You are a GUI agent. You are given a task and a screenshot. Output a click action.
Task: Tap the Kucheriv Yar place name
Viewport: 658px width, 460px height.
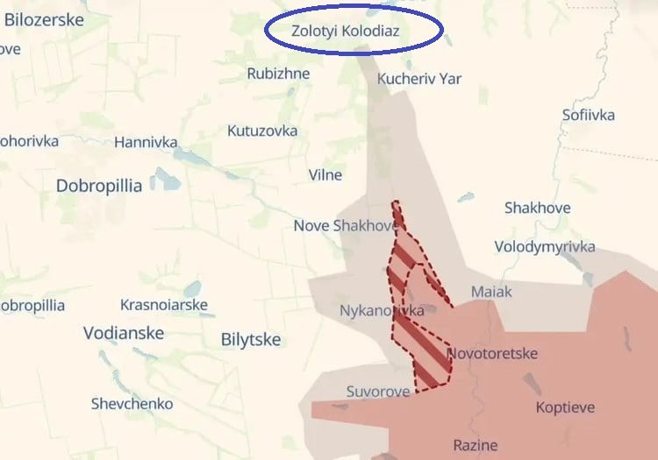click(418, 79)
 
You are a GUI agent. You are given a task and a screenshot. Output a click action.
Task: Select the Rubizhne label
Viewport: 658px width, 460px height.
click(278, 74)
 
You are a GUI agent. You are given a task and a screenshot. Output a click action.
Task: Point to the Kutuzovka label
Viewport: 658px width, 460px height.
click(262, 131)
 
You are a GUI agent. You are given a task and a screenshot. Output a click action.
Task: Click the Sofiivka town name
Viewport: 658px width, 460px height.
click(589, 115)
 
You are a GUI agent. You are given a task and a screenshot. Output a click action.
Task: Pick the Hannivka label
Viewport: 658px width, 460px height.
click(146, 142)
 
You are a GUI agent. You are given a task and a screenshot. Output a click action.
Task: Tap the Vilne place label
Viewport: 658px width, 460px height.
click(325, 174)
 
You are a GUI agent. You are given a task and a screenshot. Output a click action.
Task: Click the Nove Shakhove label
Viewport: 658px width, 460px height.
click(345, 226)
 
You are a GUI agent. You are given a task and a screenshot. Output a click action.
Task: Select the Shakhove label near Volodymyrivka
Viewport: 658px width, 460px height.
click(537, 208)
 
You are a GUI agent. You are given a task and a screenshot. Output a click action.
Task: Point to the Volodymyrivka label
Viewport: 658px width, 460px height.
click(545, 246)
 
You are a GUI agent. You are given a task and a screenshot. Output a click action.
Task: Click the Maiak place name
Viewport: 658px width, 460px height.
click(491, 292)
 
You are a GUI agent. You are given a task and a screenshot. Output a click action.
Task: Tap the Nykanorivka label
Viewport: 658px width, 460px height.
click(382, 310)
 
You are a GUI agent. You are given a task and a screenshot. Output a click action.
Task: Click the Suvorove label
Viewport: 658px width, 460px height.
click(377, 392)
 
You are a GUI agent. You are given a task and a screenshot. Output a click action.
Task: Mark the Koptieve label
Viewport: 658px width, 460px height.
click(565, 407)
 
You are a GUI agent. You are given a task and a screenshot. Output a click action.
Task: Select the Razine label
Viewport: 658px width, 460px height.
click(476, 445)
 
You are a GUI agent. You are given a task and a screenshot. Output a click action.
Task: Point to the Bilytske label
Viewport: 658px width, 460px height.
click(251, 340)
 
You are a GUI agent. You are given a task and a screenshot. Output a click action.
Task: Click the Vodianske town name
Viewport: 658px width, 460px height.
click(124, 334)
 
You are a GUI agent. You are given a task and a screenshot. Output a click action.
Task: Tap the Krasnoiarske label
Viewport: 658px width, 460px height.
click(164, 305)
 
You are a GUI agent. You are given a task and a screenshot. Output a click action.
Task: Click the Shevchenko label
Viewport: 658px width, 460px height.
click(132, 404)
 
